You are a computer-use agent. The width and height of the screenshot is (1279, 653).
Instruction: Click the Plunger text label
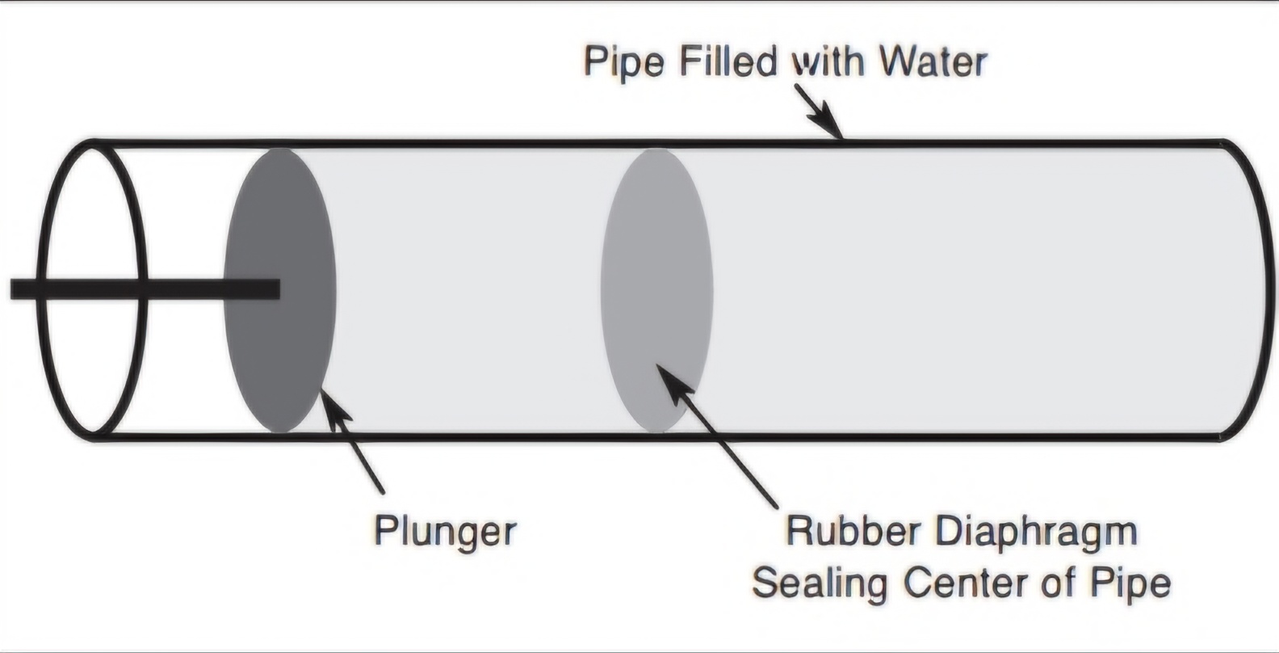445,533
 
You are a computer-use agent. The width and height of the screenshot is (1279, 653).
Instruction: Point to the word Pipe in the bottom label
1130,583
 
